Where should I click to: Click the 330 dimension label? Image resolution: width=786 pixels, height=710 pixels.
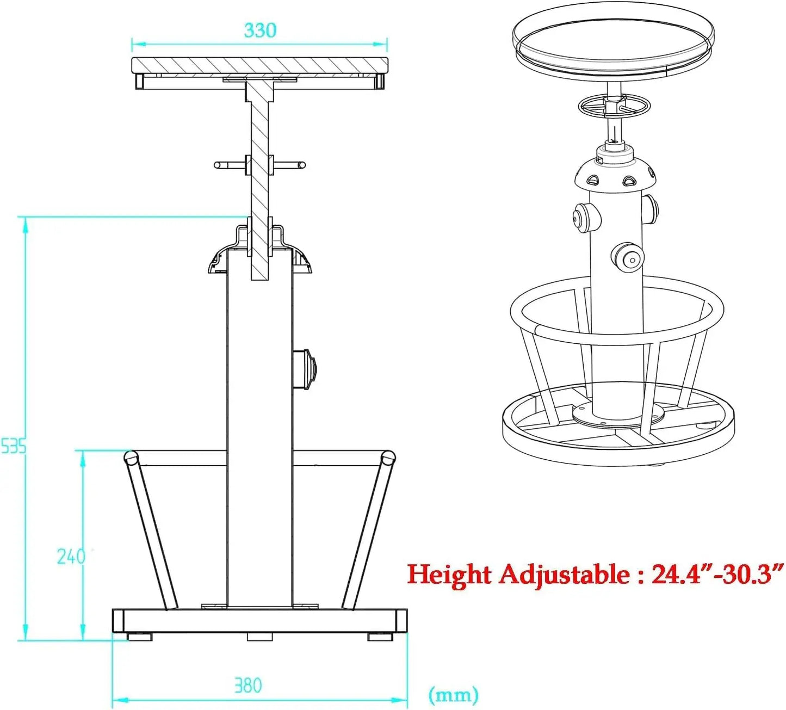[260, 30]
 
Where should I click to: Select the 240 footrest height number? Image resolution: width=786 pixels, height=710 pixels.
[71, 556]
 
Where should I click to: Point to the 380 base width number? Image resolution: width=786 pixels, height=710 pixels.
[248, 685]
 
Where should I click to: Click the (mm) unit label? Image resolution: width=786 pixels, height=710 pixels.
[454, 695]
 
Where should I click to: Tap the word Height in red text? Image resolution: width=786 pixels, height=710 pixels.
[449, 575]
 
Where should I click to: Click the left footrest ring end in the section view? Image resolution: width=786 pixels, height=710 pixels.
[131, 457]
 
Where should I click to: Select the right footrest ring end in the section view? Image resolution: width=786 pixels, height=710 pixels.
[387, 457]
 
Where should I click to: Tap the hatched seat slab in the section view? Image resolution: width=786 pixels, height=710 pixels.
[259, 66]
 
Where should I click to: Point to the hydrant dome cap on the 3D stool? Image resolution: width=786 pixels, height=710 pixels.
[615, 173]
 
